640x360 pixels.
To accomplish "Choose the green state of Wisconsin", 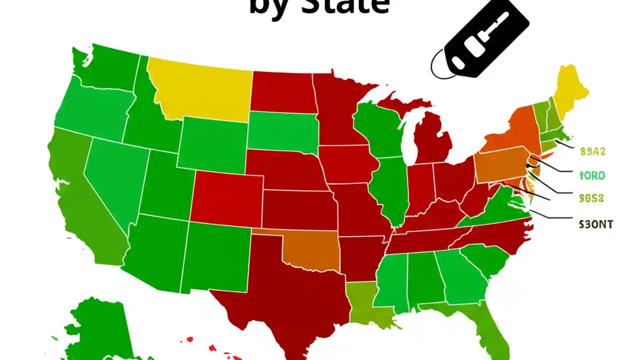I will click(x=377, y=127).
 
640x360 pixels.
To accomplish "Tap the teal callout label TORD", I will click(x=592, y=175).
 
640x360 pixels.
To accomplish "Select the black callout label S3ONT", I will click(x=595, y=224).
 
